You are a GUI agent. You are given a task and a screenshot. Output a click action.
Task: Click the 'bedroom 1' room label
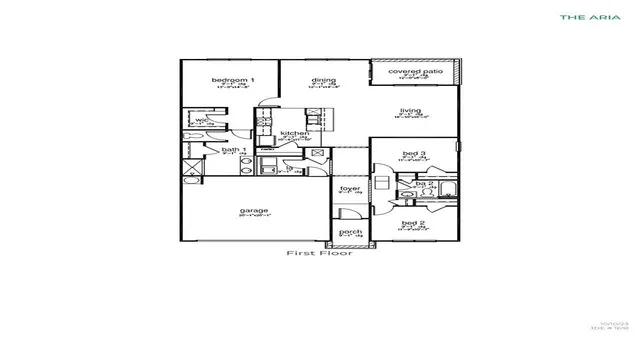pos(232,79)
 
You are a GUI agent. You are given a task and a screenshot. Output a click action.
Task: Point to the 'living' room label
pos(411,111)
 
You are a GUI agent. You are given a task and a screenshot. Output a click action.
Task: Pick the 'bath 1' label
pos(233,150)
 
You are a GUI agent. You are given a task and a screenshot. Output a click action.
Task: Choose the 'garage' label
pos(253,211)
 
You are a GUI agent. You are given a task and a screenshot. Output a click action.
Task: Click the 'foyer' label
pos(349,188)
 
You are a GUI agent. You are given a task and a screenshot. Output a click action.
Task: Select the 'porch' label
pos(350,232)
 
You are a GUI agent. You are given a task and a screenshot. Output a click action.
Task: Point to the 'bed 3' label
pos(414,153)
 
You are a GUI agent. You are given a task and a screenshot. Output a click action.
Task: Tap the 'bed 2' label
pos(414,223)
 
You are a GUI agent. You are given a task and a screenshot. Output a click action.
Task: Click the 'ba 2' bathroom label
pos(424,184)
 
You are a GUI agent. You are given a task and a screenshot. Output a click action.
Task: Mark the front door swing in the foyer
pos(342,212)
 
